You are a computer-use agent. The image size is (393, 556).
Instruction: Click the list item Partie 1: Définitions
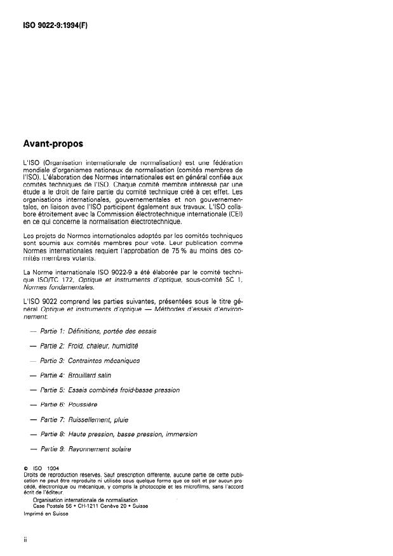pyautogui.click(x=98, y=331)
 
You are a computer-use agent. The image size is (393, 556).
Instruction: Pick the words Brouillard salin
pyautogui.click(x=90, y=375)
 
